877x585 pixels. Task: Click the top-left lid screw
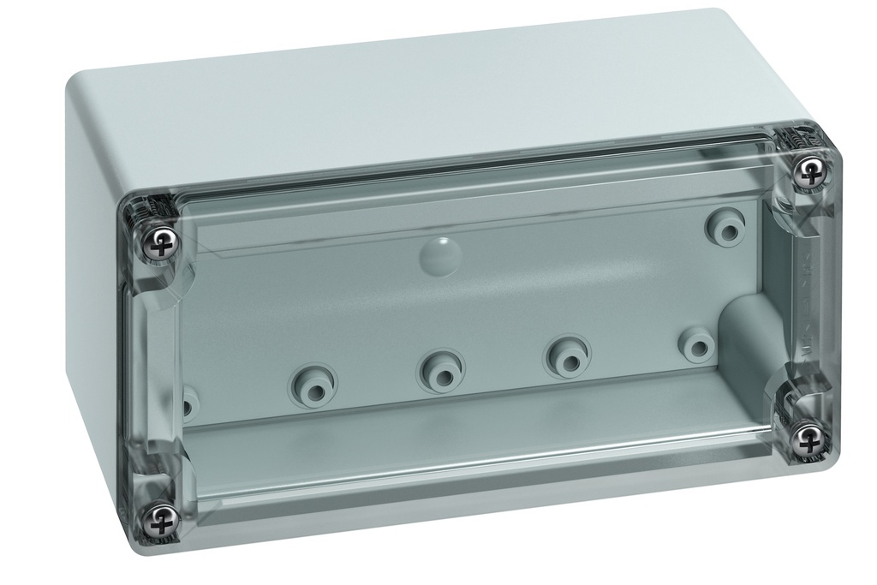coord(160,245)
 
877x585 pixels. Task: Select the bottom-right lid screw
coord(806,439)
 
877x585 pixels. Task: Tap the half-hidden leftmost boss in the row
coord(188,401)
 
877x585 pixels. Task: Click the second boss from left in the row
coord(313,383)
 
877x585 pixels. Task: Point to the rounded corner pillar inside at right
coord(742,343)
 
